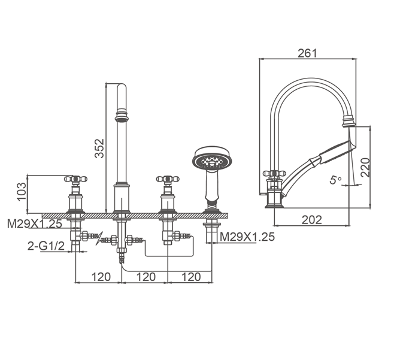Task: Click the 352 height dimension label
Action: [x=99, y=148]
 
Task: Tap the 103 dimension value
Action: [x=22, y=191]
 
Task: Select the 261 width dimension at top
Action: [x=308, y=53]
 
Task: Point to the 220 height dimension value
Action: [x=366, y=168]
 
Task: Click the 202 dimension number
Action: [x=312, y=220]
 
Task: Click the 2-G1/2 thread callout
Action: [x=46, y=246]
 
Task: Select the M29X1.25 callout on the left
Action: [x=34, y=223]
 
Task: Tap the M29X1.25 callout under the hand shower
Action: [x=247, y=237]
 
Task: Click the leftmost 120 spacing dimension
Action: [x=101, y=277]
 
